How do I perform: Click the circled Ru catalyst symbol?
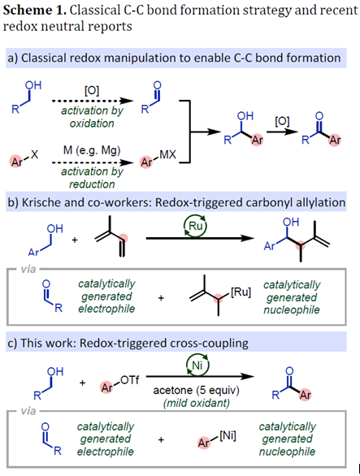point(195,226)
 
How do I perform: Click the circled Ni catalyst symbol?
point(197,365)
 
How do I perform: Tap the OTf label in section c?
point(130,380)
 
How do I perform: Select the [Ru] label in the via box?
point(241,292)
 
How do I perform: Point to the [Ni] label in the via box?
point(228,436)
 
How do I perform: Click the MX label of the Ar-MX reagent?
point(167,155)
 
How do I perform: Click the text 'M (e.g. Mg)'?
point(92,150)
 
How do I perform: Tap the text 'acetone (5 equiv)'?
point(197,390)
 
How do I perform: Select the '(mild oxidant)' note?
point(197,403)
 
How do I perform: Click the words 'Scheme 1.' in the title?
point(34,10)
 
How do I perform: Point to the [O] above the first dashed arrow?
point(92,90)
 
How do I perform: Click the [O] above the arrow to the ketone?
point(282,121)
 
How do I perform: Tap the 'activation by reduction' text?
point(92,178)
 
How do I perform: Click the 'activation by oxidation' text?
point(92,117)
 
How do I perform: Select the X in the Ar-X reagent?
point(34,155)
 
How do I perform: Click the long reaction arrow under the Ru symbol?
point(200,238)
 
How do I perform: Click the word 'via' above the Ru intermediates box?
point(28,269)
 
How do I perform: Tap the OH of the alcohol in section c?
point(55,371)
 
